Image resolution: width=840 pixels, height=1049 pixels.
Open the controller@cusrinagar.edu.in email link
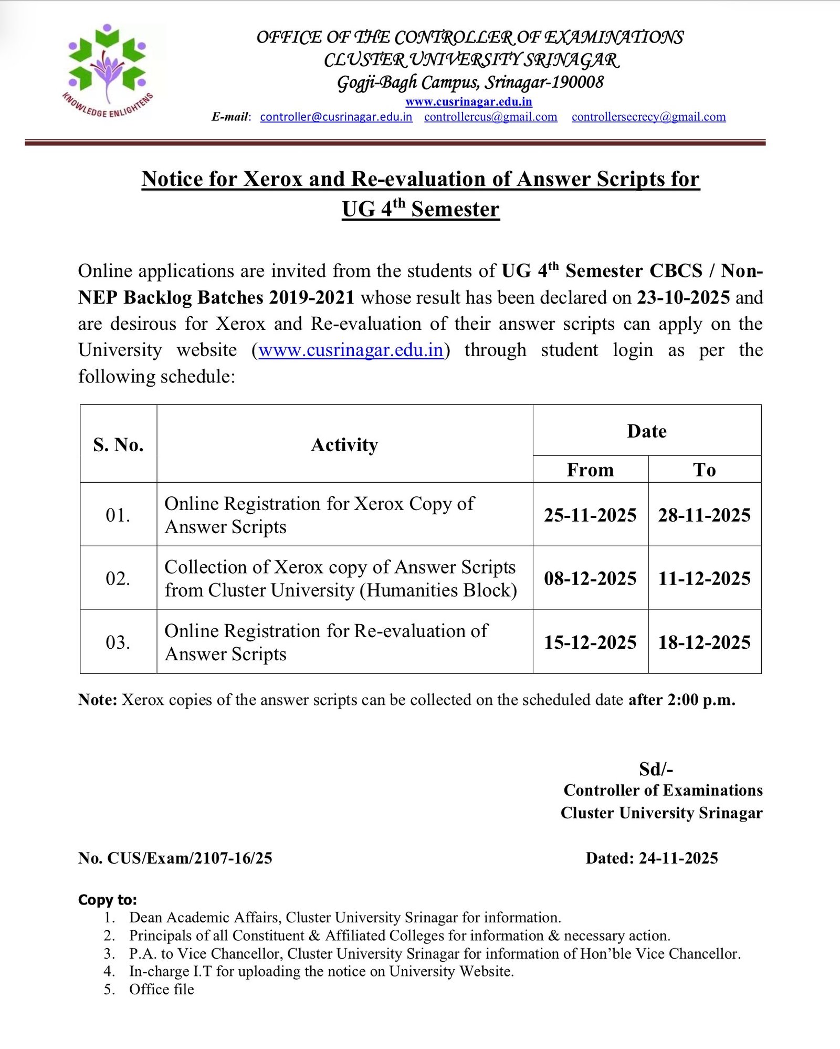[336, 117]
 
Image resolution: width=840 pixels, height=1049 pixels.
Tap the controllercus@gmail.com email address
[490, 117]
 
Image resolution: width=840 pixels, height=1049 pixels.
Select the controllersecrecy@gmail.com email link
[648, 117]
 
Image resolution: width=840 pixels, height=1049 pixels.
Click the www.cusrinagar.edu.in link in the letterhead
[468, 101]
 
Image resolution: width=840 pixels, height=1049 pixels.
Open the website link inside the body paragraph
[351, 350]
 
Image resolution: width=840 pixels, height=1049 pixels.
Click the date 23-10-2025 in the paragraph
[683, 297]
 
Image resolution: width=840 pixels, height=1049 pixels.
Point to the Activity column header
[344, 444]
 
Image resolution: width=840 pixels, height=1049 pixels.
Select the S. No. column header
[118, 444]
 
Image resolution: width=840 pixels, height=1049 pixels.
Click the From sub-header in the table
[590, 469]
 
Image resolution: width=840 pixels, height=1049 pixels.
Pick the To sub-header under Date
[704, 469]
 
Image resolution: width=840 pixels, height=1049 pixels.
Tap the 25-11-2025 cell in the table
[590, 515]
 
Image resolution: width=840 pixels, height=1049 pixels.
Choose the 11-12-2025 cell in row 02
[704, 578]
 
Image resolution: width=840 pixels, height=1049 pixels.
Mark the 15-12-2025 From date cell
[590, 642]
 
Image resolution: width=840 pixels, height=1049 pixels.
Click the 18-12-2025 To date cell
[704, 642]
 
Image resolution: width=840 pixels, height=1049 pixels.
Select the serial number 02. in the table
[118, 578]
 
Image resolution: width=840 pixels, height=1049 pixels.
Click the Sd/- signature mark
[656, 769]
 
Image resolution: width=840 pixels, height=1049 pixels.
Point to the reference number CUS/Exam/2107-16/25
[190, 858]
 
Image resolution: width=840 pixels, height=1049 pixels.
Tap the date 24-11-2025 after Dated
[678, 858]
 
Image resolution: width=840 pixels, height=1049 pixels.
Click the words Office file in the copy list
[162, 989]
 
